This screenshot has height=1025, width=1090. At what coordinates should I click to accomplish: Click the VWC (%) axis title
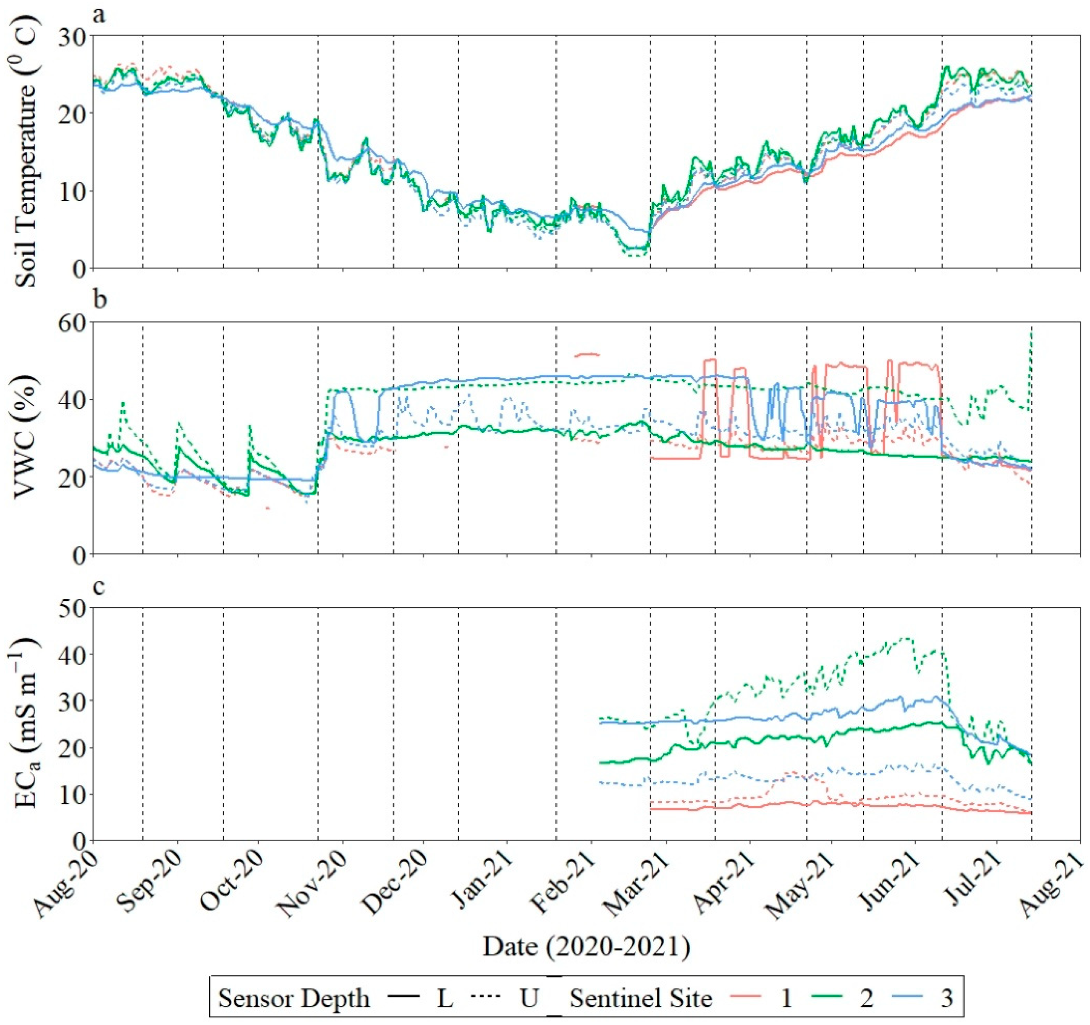click(26, 438)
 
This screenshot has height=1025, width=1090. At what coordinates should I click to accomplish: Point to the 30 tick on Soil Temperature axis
click(73, 37)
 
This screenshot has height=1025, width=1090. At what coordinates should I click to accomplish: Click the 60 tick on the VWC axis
click(73, 323)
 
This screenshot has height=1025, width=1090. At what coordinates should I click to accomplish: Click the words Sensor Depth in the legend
click(294, 999)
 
